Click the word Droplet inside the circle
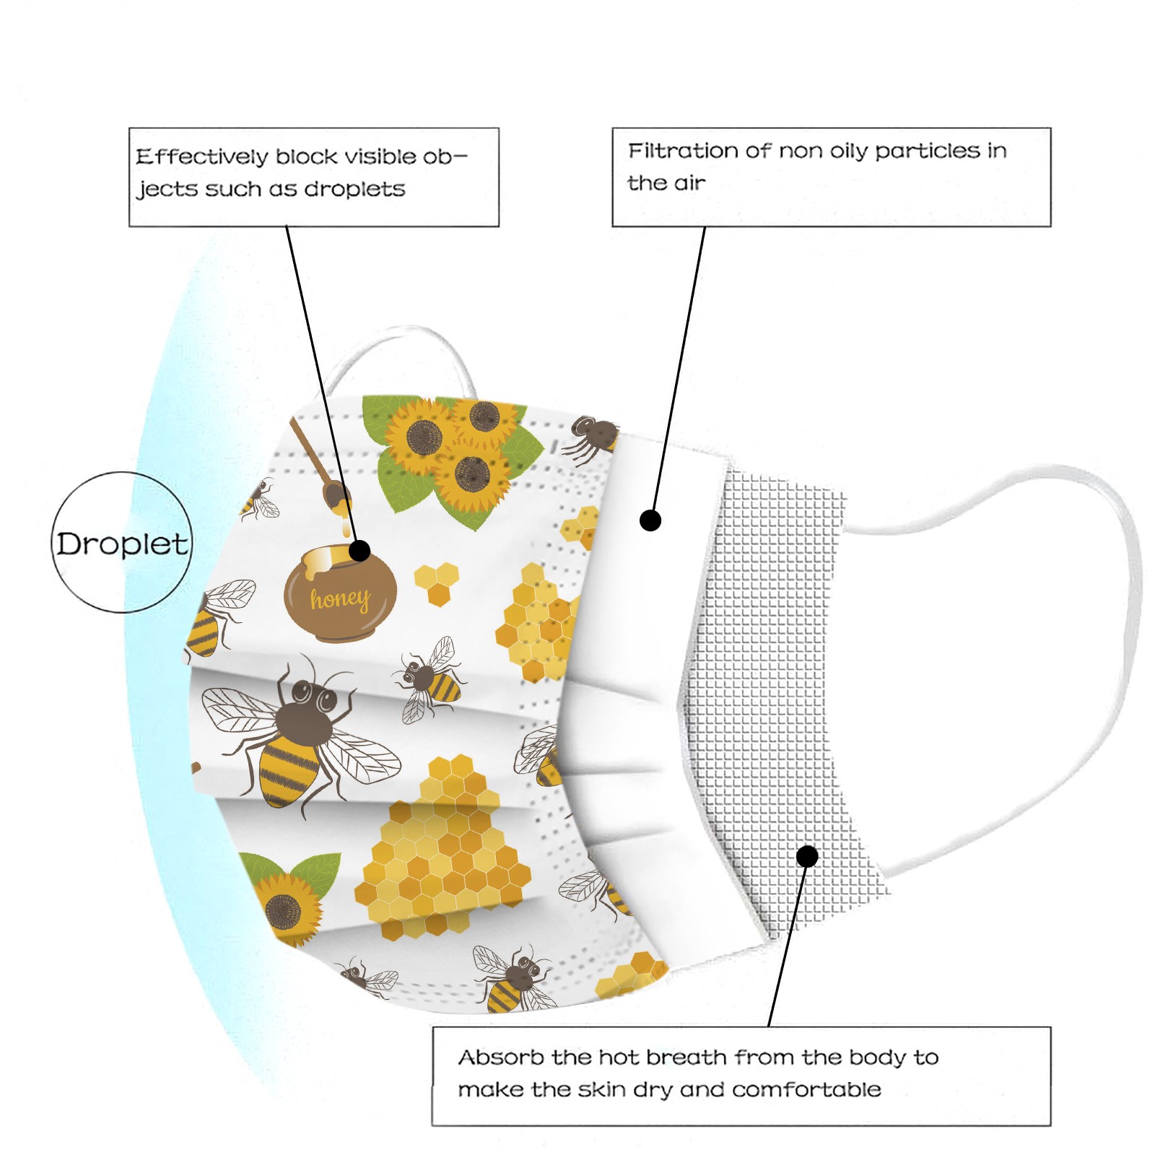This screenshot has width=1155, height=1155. (x=123, y=544)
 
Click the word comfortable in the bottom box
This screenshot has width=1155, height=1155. (x=806, y=1089)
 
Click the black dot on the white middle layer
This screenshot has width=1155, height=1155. (x=650, y=520)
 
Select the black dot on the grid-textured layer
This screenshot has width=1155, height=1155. (x=807, y=856)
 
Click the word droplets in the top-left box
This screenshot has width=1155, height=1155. (x=354, y=189)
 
